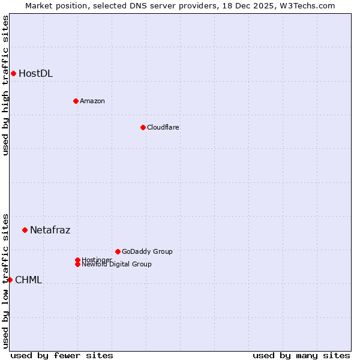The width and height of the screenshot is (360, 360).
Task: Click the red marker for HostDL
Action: click(13, 73)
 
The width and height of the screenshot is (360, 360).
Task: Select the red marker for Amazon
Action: click(76, 101)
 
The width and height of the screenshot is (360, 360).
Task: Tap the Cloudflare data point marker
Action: click(143, 127)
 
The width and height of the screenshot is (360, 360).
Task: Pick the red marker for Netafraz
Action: click(25, 230)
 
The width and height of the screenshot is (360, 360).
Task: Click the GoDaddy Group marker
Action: click(118, 251)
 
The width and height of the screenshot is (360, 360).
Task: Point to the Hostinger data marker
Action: click(77, 260)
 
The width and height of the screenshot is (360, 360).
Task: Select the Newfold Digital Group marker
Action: click(77, 264)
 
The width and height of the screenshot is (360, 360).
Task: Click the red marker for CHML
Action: click(10, 280)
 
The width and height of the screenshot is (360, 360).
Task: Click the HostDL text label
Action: click(35, 74)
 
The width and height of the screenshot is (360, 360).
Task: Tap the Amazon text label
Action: click(92, 101)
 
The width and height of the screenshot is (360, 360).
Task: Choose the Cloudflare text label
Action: click(163, 127)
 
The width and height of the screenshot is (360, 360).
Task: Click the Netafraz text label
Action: click(50, 230)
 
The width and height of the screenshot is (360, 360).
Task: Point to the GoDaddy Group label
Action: click(146, 251)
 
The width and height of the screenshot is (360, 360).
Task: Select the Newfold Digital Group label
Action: click(116, 265)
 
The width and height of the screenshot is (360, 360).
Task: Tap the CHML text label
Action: click(28, 280)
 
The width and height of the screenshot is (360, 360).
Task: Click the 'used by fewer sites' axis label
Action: click(62, 355)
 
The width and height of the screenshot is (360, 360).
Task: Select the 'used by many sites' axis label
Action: click(301, 355)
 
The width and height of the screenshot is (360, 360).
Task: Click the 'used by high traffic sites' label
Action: click(5, 85)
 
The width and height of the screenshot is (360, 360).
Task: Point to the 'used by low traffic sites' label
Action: click(5, 280)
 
